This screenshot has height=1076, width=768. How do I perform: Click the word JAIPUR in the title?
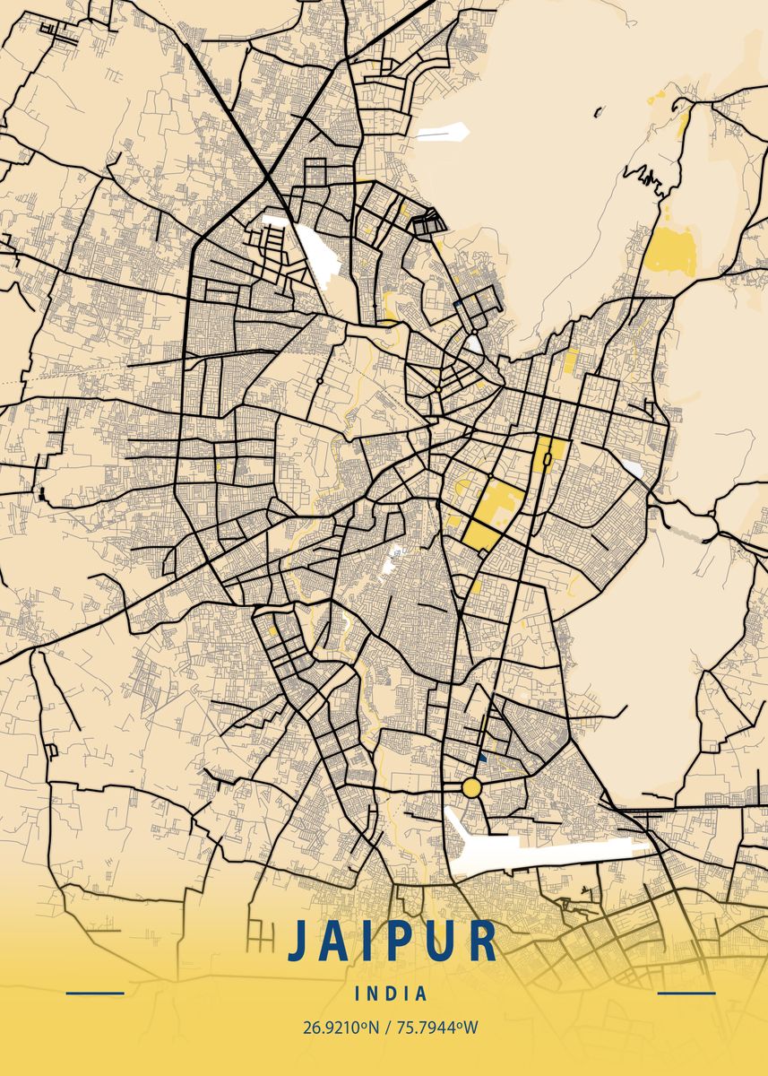click(392, 941)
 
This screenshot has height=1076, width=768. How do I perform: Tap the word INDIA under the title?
click(391, 994)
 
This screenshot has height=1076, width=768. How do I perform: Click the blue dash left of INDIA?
click(95, 993)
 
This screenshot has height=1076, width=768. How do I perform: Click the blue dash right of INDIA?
click(686, 993)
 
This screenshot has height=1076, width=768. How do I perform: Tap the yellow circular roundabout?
click(471, 788)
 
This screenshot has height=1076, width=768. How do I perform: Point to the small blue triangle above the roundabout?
click(483, 758)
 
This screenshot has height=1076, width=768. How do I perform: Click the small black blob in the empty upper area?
click(598, 113)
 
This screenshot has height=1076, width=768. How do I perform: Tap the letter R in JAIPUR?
click(481, 941)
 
